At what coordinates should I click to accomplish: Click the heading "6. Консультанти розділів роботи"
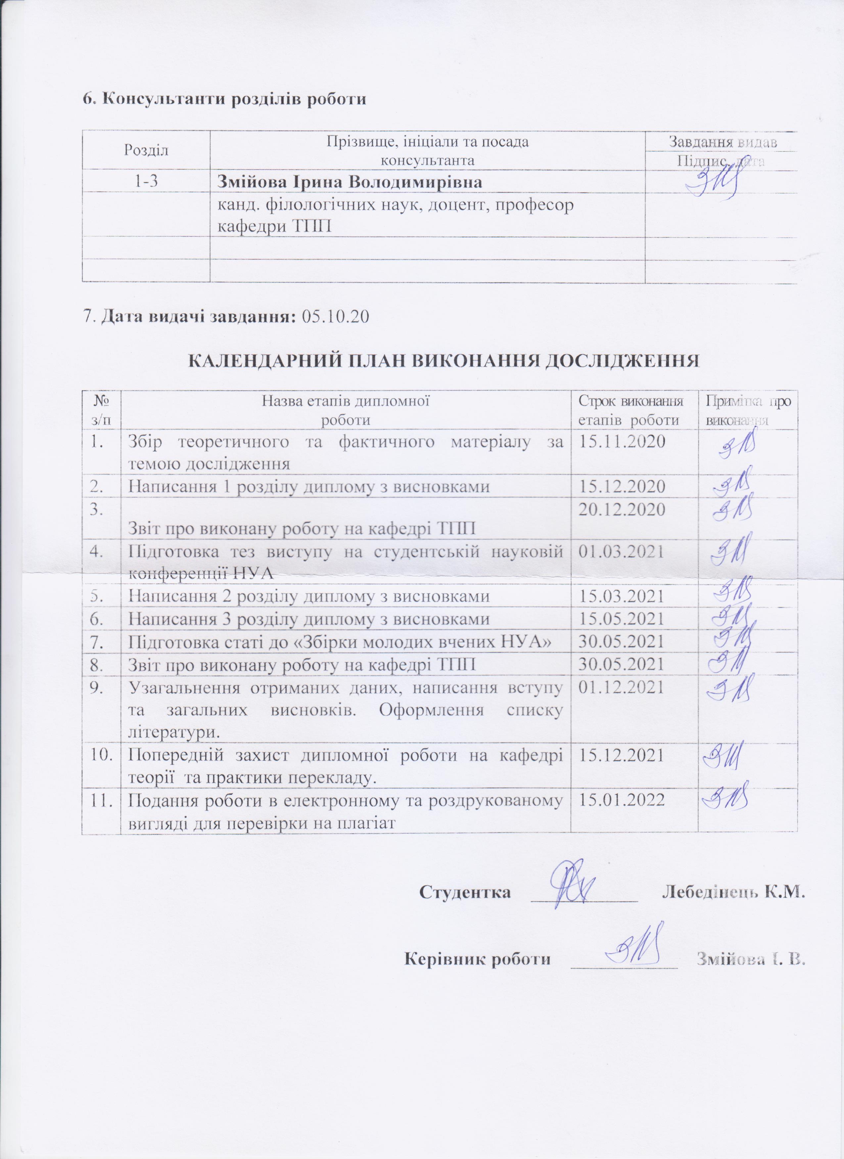[225, 99]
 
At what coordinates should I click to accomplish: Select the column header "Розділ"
[146, 151]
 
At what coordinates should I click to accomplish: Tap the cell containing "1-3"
[146, 181]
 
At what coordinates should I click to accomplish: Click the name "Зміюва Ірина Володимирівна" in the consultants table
[350, 182]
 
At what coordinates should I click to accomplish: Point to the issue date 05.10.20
[336, 318]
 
